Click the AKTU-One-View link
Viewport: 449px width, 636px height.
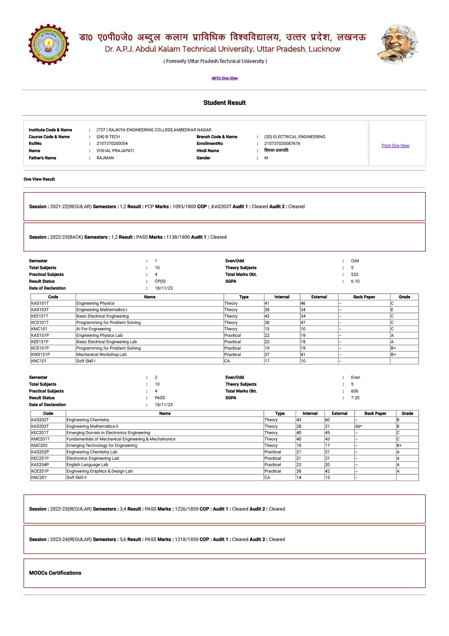tap(224, 78)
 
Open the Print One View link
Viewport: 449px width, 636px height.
tap(395, 146)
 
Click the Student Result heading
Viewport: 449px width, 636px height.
tap(224, 103)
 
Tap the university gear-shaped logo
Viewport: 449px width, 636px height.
tap(49, 45)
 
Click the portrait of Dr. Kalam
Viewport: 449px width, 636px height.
tap(397, 45)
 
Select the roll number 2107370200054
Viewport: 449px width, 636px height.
tap(112, 143)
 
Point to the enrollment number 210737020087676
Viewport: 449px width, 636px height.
tap(282, 143)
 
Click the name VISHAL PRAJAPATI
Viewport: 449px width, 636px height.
tap(115, 151)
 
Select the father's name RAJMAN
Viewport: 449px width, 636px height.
tap(105, 158)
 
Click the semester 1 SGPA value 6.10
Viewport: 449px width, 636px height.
tap(355, 281)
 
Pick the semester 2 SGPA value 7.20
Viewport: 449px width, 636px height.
tap(355, 398)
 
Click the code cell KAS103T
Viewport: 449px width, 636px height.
tap(40, 310)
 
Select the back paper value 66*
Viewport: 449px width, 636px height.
tap(358, 426)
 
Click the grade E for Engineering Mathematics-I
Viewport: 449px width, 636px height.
tap(392, 310)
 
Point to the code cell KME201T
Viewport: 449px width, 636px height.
tap(40, 439)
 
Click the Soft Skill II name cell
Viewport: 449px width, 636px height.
tap(76, 478)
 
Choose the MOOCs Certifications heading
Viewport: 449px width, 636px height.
tap(55, 573)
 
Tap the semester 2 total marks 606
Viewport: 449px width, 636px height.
tap(354, 391)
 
